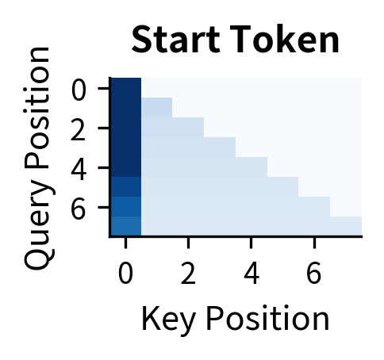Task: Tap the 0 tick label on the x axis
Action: (125, 273)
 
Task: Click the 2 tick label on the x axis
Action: (188, 273)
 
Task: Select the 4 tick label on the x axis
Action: (251, 273)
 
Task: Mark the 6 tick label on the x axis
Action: (314, 273)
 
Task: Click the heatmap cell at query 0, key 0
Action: (125, 88)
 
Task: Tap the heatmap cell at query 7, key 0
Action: (125, 226)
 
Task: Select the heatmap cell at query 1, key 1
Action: (157, 108)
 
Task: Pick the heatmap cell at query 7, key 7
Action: (346, 226)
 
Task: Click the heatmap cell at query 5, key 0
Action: (125, 186)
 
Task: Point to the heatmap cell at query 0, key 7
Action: (346, 88)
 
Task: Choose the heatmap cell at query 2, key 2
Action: (188, 128)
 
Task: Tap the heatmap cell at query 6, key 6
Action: (314, 206)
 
